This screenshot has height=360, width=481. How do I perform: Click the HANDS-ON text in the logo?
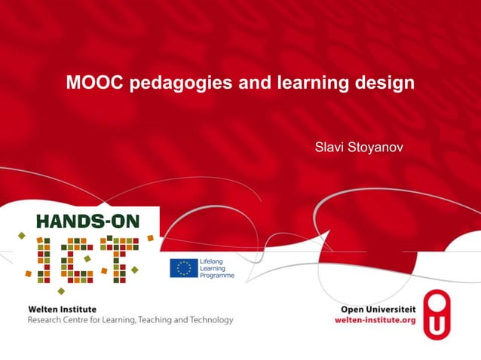(87, 221)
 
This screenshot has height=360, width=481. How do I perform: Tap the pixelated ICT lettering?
(84, 259)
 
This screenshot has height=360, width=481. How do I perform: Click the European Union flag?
(183, 268)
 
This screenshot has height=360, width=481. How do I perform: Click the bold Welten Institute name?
(62, 309)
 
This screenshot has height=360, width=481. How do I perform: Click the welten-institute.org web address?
(375, 319)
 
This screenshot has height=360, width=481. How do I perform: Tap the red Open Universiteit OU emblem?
(437, 314)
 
